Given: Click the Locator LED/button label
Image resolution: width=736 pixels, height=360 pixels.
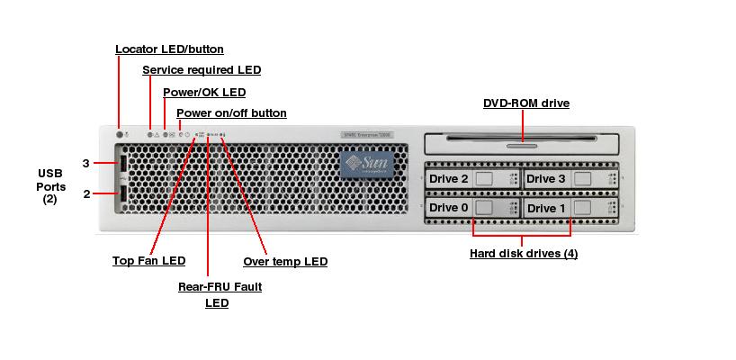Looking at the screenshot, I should point(169,49).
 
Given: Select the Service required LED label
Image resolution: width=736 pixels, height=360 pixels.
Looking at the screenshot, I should point(202,69).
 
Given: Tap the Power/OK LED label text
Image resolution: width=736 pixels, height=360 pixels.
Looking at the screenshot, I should point(203,92).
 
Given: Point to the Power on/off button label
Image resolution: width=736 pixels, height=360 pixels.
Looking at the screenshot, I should point(231,113).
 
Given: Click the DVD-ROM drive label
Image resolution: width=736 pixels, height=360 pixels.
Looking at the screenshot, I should point(525,103).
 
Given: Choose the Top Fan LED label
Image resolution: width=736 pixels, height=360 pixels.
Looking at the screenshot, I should point(148,261).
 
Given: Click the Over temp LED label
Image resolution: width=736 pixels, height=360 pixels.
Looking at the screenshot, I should point(285,262).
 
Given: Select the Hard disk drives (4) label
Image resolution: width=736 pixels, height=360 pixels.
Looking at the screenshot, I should point(524,254).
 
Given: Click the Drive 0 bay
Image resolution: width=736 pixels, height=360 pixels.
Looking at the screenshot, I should point(472,208).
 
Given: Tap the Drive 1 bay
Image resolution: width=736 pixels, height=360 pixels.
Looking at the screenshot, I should point(570,208).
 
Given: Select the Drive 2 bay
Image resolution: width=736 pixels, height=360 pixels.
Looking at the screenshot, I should point(472,179).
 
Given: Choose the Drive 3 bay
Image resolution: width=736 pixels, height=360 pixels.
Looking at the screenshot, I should point(570,179).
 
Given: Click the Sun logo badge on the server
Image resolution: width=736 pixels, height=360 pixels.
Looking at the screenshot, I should point(367,165).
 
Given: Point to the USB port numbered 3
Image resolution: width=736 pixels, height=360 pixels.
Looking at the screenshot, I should point(120,165).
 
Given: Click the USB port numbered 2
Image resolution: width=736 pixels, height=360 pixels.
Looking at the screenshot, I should point(120,193).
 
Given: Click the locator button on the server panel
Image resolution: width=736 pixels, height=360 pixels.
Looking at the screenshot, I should point(120,134).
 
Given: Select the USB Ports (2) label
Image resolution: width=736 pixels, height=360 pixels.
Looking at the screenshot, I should point(50,186).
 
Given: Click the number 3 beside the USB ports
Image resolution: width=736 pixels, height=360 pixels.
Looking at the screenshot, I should point(85,164).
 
